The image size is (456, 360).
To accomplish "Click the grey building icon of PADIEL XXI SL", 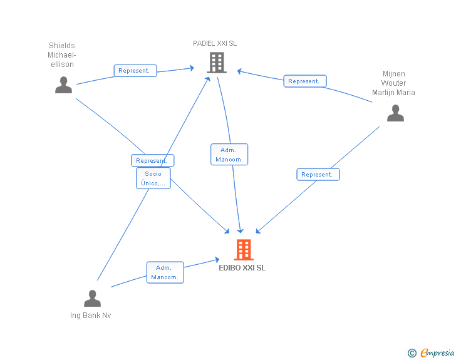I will click(216, 62).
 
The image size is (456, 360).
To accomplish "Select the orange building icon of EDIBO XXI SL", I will click(244, 250).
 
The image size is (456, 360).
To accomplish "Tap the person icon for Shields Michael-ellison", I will click(63, 85).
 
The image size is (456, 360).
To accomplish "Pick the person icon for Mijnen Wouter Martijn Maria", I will click(395, 113).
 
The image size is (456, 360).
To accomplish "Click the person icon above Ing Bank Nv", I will click(92, 299).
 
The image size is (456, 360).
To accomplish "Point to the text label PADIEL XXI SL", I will click(215, 43).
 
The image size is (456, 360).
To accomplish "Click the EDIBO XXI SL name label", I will click(242, 267).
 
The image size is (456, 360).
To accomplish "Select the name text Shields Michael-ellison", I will click(62, 55).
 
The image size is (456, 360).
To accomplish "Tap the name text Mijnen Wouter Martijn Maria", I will click(393, 83).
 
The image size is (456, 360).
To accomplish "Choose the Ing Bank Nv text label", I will click(91, 316).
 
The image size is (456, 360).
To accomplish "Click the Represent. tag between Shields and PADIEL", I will click(135, 71).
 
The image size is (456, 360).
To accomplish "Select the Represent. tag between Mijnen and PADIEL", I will click(304, 81).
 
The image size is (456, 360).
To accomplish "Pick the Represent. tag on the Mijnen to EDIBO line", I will click(318, 175).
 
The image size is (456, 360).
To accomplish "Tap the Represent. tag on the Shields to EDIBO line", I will click(152, 161).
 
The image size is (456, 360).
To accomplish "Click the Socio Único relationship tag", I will click(153, 178).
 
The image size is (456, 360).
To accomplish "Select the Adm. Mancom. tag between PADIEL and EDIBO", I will click(229, 155).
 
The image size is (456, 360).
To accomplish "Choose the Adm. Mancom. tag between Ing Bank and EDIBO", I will click(165, 272).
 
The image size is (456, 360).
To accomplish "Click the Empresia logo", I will click(437, 353).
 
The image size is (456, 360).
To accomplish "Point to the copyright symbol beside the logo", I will click(412, 354).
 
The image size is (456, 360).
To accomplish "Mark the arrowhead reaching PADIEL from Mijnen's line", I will click(239, 71).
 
